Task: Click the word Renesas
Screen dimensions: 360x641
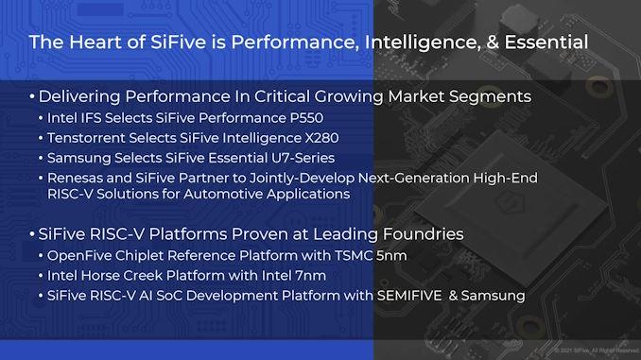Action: tap(78, 176)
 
